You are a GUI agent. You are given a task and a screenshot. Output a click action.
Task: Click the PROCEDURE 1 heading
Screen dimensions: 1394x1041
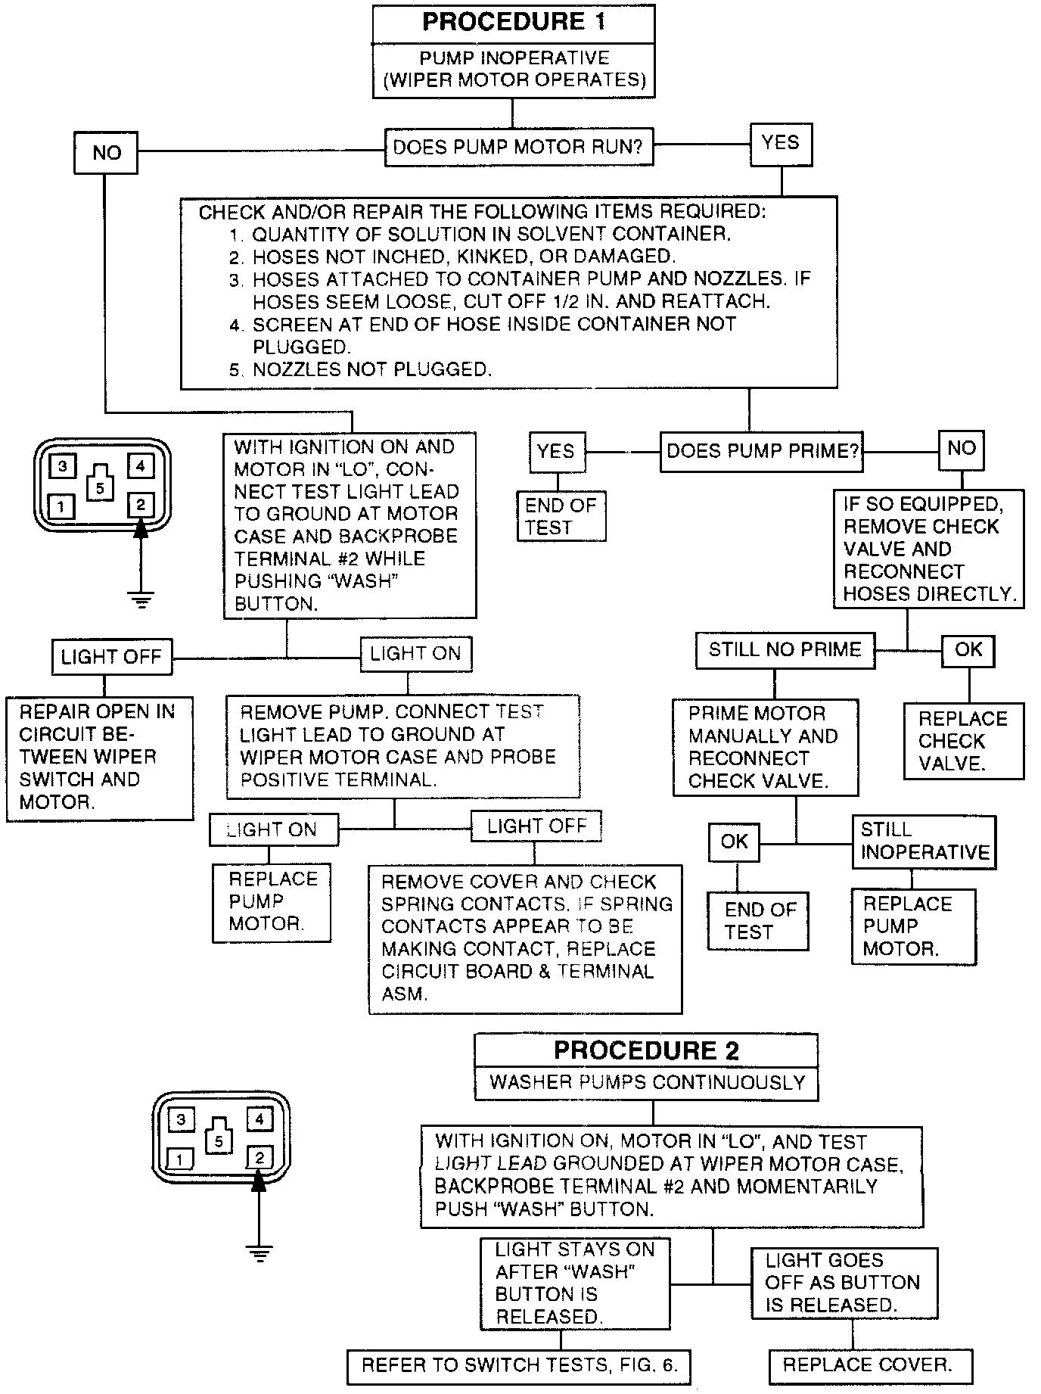tap(514, 22)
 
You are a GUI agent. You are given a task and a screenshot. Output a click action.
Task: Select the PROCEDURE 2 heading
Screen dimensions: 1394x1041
tap(646, 1050)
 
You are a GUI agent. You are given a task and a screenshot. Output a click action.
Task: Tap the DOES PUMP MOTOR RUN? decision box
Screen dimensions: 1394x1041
tap(518, 147)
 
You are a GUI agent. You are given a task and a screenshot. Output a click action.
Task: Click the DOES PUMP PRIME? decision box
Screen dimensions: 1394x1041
tap(762, 451)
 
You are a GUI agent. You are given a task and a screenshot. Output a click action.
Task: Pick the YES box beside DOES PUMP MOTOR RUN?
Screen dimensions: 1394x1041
tap(781, 143)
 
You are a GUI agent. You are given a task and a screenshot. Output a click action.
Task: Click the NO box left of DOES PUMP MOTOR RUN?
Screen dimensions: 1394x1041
tap(106, 153)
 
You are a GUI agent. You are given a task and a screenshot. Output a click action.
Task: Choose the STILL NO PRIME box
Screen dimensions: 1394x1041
tap(785, 650)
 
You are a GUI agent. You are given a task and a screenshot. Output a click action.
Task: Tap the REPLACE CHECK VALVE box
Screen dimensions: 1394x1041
tap(963, 741)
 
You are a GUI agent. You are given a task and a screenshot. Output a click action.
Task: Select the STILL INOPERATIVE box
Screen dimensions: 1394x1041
tap(924, 841)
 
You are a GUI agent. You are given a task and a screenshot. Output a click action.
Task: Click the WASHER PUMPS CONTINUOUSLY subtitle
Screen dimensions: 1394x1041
tap(646, 1082)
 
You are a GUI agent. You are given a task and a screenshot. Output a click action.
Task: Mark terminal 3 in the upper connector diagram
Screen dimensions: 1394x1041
tap(63, 466)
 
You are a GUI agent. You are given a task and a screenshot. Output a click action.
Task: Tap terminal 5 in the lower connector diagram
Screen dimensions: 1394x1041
tap(219, 1140)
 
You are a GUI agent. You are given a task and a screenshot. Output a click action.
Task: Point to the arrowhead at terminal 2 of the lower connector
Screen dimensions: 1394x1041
tap(259, 1181)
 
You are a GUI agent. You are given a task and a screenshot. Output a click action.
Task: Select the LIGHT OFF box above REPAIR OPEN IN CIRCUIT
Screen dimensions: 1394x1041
tap(111, 656)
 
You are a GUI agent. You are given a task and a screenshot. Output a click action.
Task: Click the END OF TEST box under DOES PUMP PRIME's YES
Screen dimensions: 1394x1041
tap(561, 516)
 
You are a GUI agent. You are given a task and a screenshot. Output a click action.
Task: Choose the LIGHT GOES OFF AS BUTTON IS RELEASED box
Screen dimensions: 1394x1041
tap(843, 1282)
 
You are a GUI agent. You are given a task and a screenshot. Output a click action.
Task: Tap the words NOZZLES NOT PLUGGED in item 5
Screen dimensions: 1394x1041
tap(372, 369)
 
